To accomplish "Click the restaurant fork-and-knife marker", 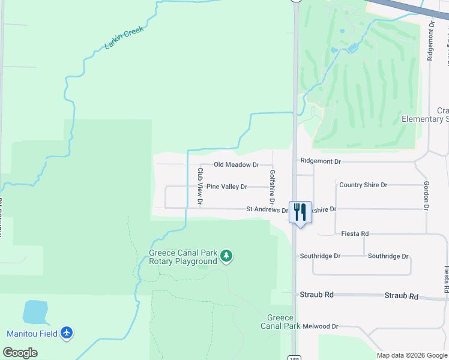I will click(300, 212).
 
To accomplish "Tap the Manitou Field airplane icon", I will click(67, 333).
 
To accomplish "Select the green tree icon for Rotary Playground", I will click(226, 257).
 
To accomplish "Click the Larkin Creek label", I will click(125, 38).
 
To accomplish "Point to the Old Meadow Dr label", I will click(237, 164).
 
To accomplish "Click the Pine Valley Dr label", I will click(227, 187).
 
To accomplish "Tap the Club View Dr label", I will click(200, 186).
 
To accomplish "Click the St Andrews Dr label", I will click(267, 210).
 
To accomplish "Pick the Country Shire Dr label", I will click(363, 185).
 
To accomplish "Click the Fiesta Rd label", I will click(355, 233).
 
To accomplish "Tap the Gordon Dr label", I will click(426, 196).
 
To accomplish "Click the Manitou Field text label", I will click(32, 334).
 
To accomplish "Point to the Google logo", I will click(20, 353).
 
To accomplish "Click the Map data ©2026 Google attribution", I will click(411, 355).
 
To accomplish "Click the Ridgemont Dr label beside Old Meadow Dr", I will click(321, 161).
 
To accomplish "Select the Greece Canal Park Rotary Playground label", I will click(182, 257).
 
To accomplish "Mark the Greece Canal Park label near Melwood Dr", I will click(280, 322).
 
